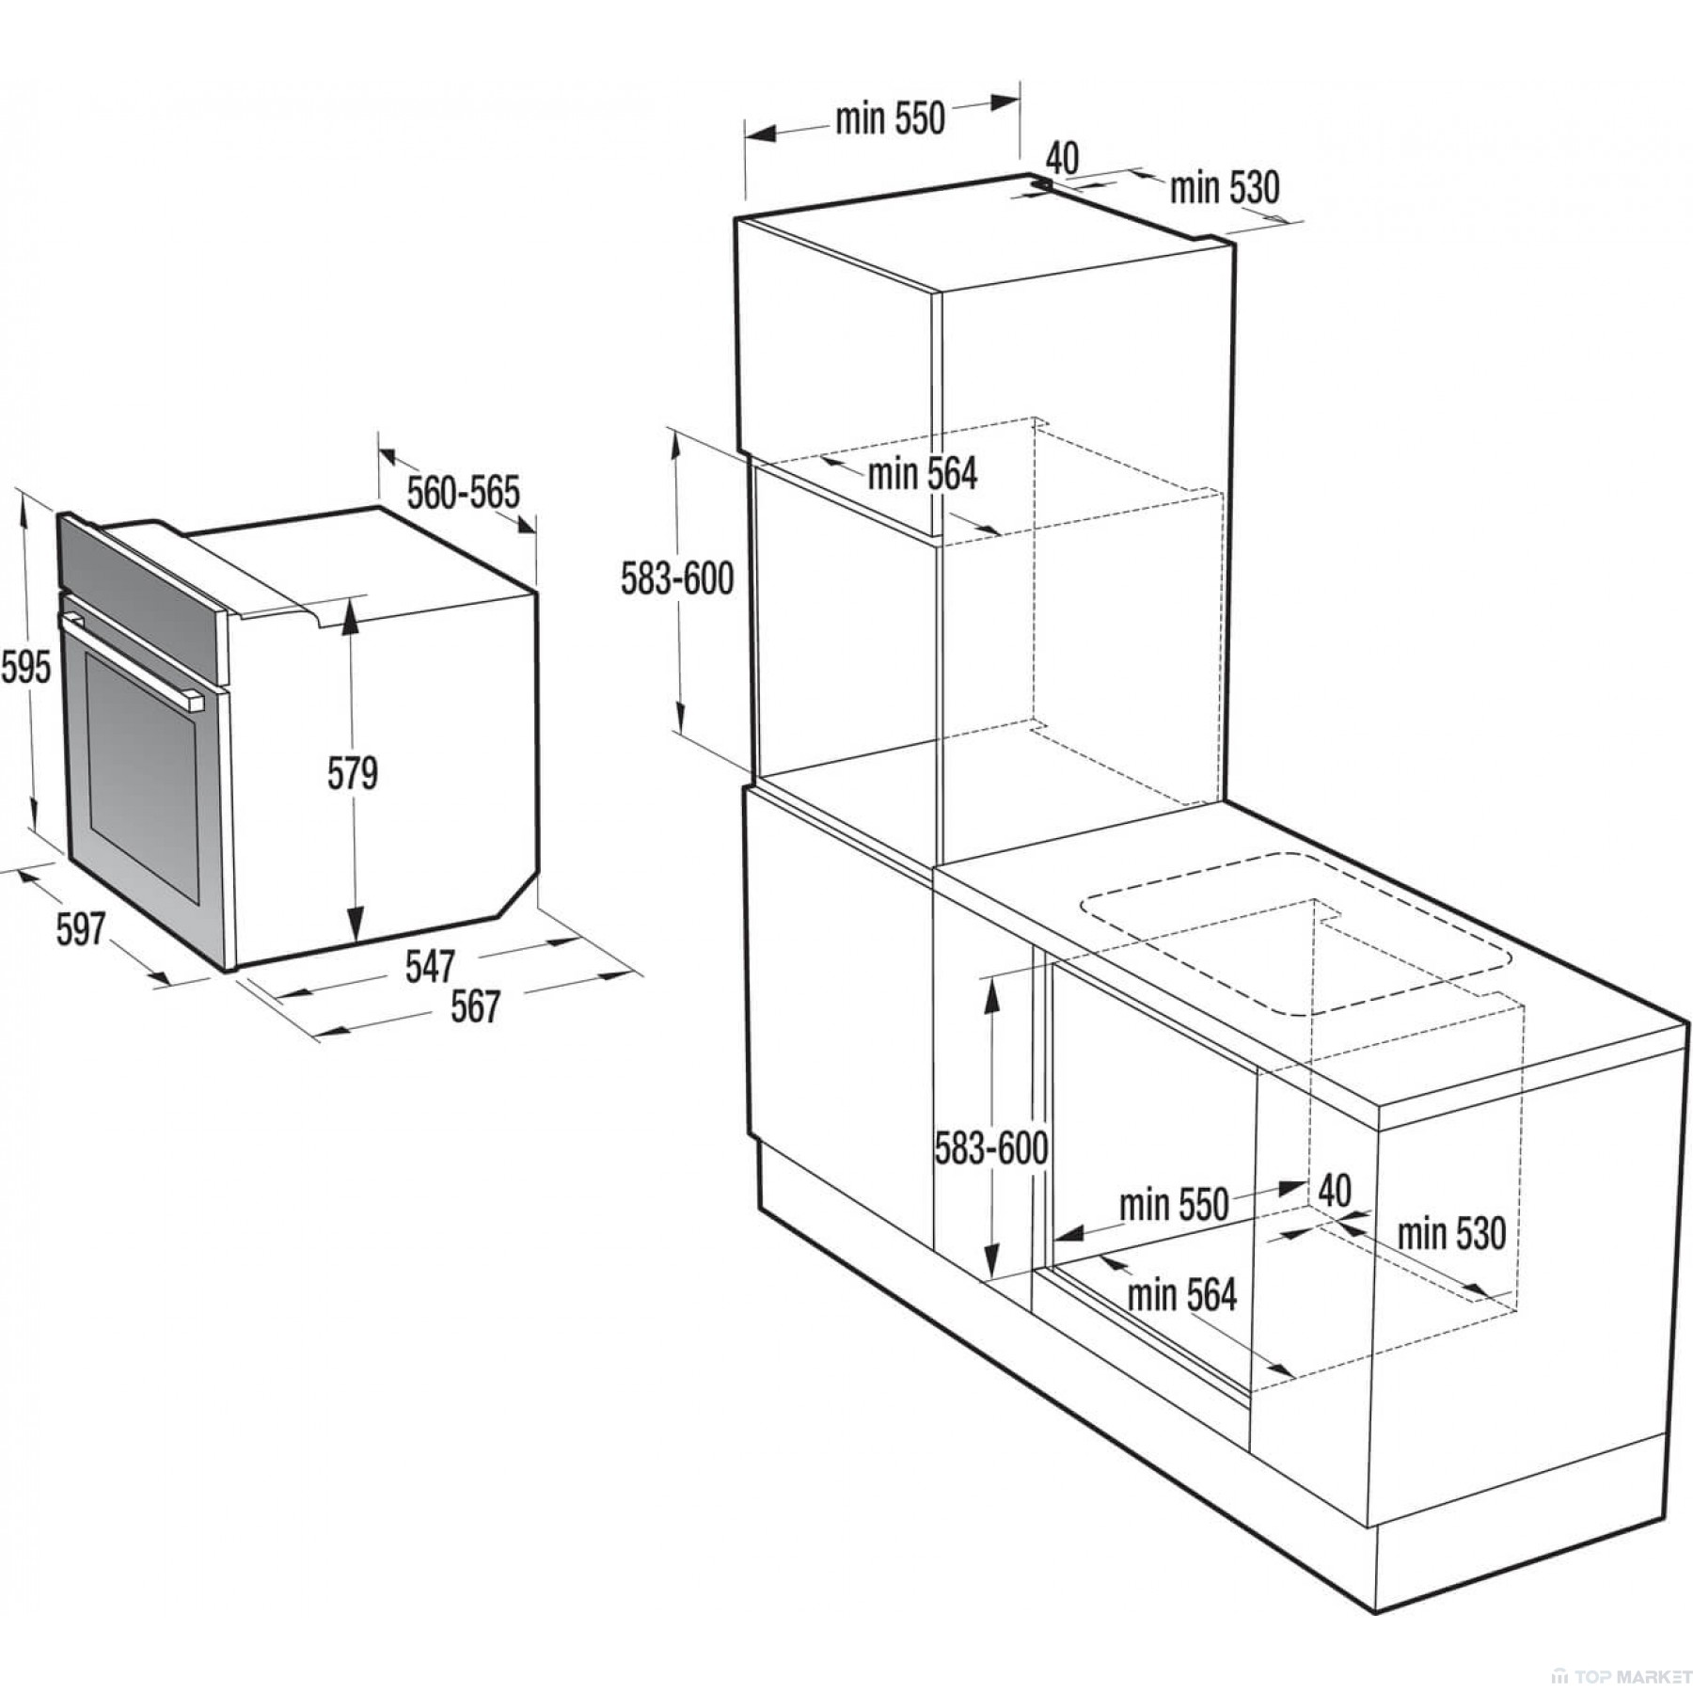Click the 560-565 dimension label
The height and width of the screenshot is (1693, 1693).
463,493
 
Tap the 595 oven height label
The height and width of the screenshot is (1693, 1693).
25,668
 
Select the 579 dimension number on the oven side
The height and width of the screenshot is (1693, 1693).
353,773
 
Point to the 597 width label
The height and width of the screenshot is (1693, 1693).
80,930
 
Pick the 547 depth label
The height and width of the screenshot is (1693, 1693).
431,967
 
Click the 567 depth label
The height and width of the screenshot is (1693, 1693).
474,1007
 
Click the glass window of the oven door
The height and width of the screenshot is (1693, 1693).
142,778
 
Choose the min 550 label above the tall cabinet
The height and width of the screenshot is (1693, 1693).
890,119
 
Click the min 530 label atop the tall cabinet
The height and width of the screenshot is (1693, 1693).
1225,188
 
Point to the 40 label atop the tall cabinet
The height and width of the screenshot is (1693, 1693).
1062,158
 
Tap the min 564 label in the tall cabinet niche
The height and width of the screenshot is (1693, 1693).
922,474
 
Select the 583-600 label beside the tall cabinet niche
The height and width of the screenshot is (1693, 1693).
677,578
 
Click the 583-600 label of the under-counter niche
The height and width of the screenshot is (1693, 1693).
991,1148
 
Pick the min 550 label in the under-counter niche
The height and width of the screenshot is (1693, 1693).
1174,1205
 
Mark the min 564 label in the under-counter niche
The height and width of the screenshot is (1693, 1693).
1181,1295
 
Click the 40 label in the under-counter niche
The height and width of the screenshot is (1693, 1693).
1335,1191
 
